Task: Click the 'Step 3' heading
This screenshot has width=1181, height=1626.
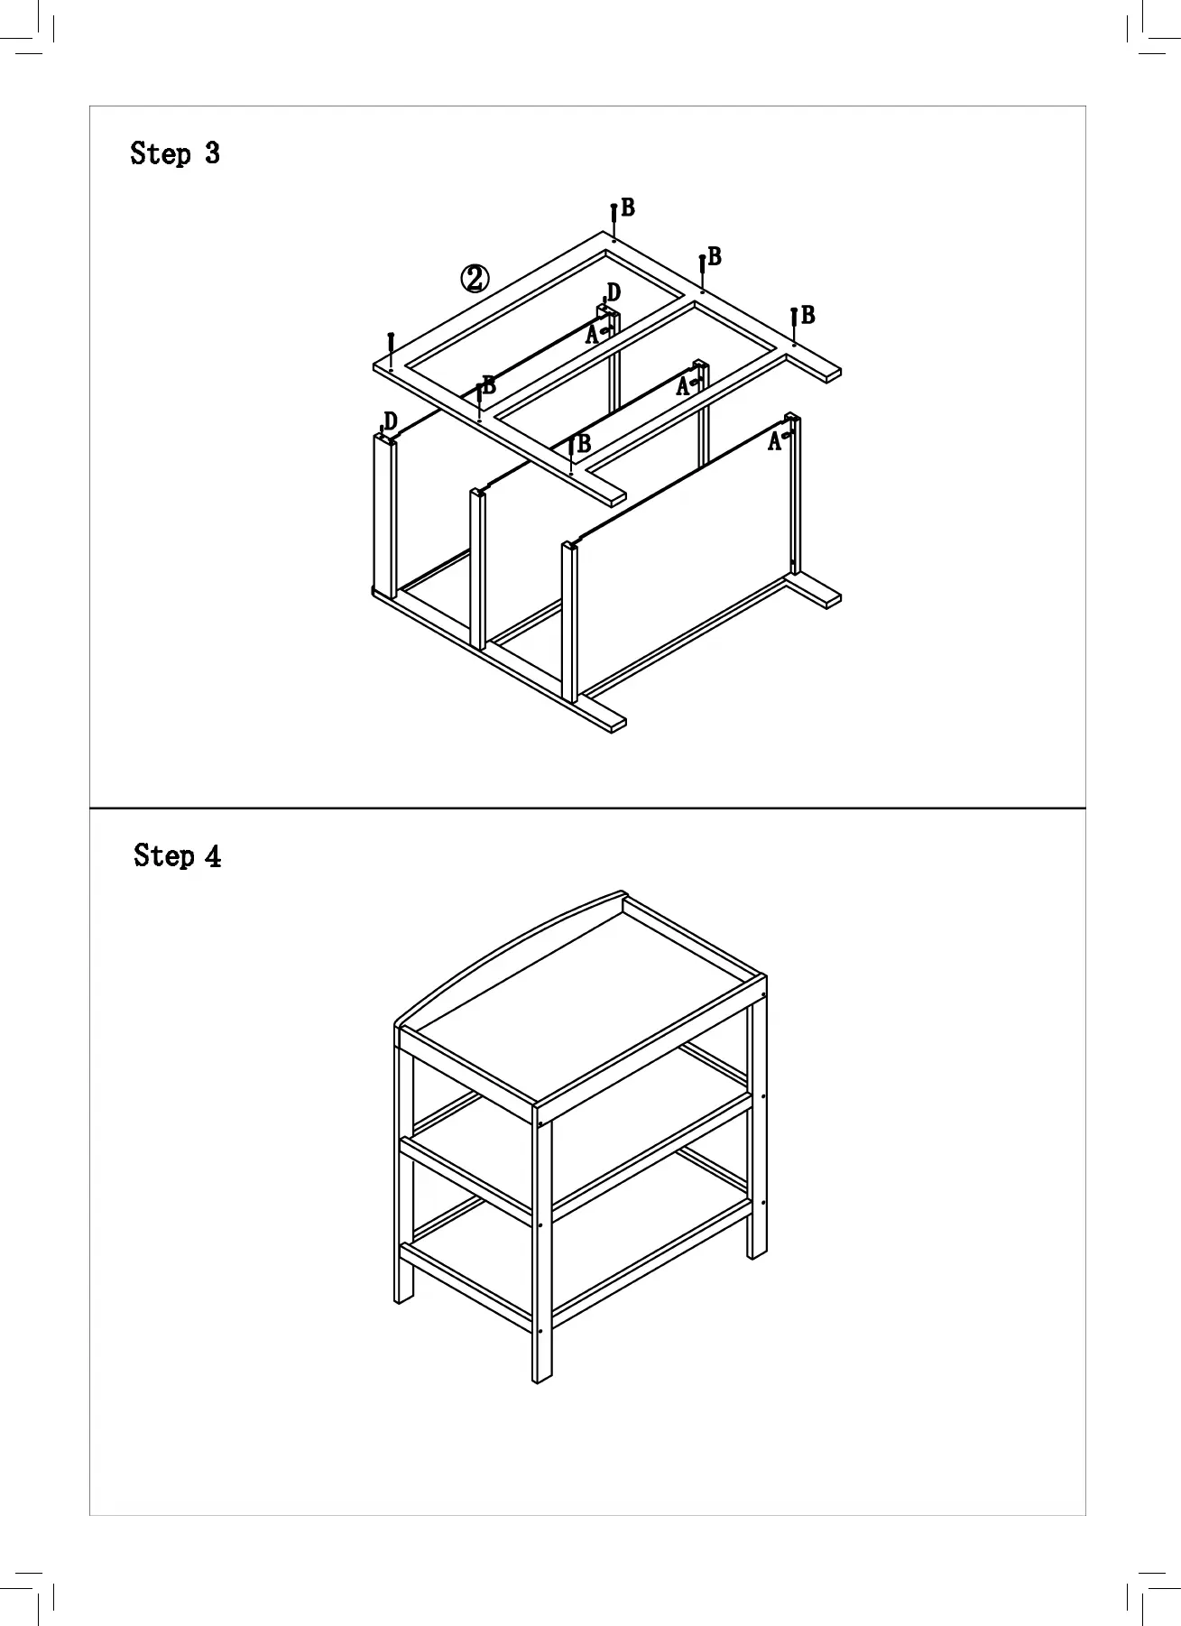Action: point(175,153)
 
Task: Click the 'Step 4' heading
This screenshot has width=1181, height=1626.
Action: point(178,855)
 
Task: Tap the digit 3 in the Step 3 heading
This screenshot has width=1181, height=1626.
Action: point(212,153)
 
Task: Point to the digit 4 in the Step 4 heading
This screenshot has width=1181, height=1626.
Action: point(213,855)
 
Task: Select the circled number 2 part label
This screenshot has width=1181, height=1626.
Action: point(475,279)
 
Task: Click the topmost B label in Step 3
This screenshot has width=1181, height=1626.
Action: point(628,208)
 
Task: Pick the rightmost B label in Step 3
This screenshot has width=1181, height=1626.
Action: point(808,316)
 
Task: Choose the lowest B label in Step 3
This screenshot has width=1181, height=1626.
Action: point(584,444)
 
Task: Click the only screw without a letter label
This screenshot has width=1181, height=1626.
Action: point(391,344)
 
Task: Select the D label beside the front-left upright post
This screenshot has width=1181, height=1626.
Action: point(391,421)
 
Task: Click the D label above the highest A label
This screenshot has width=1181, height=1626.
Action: point(614,292)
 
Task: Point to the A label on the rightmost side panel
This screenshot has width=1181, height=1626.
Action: point(774,442)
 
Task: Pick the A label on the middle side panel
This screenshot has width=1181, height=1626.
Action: point(683,387)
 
